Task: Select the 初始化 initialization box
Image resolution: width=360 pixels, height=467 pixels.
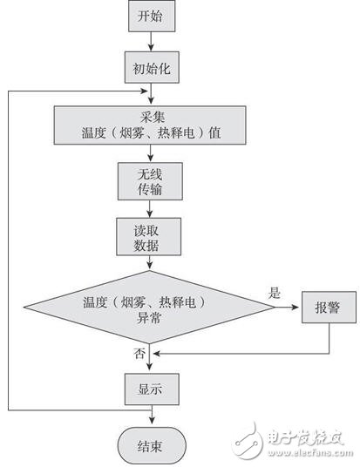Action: [151, 67]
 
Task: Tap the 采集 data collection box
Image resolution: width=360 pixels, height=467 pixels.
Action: [151, 124]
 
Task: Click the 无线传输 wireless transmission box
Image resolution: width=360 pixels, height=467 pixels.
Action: [151, 180]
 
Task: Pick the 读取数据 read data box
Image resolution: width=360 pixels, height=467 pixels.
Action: [151, 235]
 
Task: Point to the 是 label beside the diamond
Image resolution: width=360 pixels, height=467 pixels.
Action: [275, 294]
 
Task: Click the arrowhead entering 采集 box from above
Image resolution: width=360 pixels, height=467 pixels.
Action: [151, 101]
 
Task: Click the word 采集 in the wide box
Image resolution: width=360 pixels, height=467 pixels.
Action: [151, 116]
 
